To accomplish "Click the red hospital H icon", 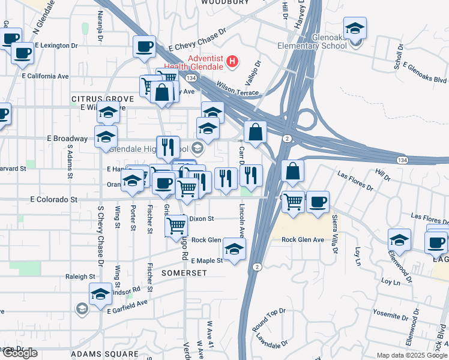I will point(232,61).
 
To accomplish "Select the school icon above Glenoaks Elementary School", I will point(355,28).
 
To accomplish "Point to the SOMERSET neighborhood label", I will point(184,272).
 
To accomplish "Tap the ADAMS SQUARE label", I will point(104,354).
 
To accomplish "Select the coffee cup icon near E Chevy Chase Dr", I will point(144,46).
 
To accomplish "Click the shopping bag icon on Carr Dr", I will point(255,132).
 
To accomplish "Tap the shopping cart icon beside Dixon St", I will point(176,226).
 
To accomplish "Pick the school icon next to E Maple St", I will point(234,248).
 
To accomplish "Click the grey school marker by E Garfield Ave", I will point(82,308).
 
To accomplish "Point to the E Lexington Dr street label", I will point(56,45).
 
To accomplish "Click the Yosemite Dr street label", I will point(390,313).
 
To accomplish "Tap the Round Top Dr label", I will point(268,320).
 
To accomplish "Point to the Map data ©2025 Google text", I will point(412,355).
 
